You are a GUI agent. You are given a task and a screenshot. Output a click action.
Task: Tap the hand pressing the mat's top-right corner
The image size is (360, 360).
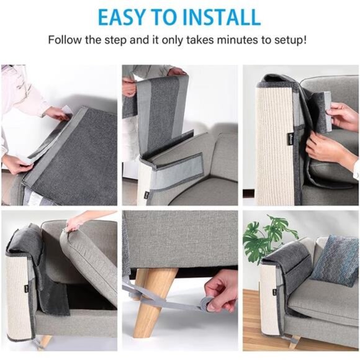[x=57, y=113]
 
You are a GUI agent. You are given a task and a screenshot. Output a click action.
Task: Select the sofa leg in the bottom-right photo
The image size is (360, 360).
[x=294, y=341]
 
